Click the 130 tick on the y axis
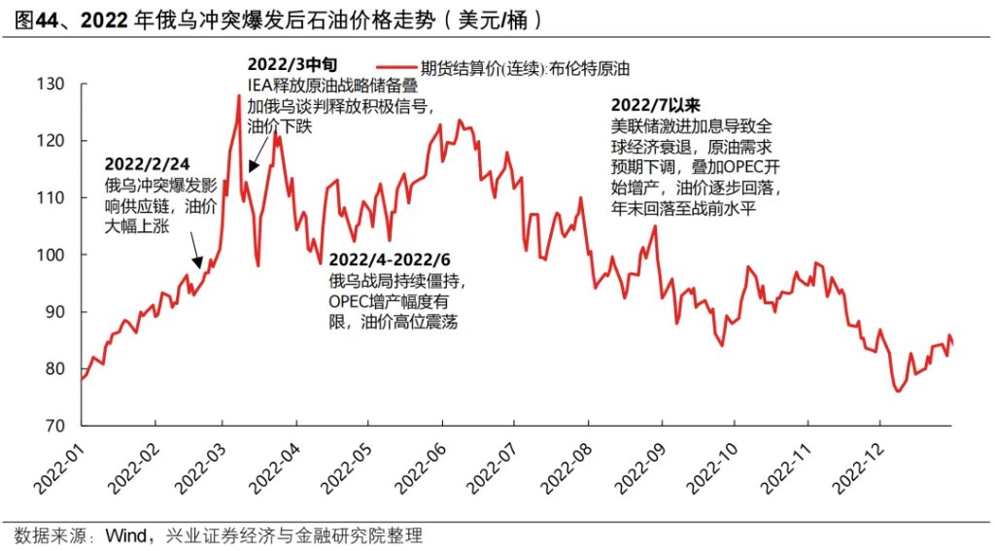coord(51,85)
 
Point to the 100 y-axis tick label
coord(51,255)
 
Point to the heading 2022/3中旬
coord(292,64)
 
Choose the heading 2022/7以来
coord(656,104)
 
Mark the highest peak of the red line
coord(238,94)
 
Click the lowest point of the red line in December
coord(896,391)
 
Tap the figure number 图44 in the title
coord(40,18)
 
